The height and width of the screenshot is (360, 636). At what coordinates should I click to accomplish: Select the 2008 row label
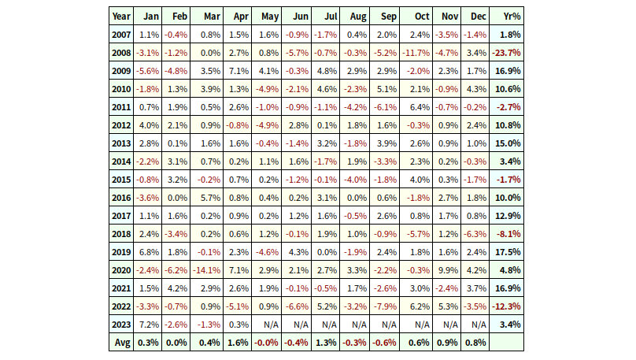pyautogui.click(x=121, y=53)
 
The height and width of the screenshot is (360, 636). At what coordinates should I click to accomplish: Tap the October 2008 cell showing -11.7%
pyautogui.click(x=416, y=53)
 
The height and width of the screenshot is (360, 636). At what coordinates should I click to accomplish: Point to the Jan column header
pyautogui.click(x=148, y=17)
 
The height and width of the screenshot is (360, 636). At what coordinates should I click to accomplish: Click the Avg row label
pyautogui.click(x=121, y=343)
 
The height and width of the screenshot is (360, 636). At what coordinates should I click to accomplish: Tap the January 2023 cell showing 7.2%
pyautogui.click(x=148, y=325)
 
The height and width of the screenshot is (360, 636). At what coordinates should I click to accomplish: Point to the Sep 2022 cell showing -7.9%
pyautogui.click(x=386, y=306)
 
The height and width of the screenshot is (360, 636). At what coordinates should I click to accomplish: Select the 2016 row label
pyautogui.click(x=121, y=198)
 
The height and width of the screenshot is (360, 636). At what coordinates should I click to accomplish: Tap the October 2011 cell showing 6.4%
pyautogui.click(x=416, y=107)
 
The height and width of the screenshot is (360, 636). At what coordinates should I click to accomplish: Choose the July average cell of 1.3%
pyautogui.click(x=326, y=343)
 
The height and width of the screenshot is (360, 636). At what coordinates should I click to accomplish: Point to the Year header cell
pyautogui.click(x=121, y=17)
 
